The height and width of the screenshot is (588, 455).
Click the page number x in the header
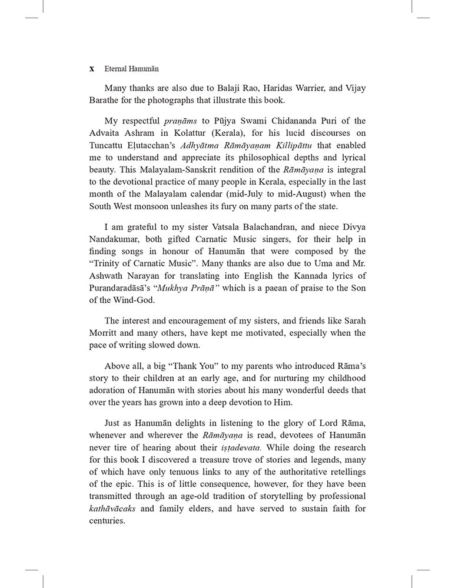pos(92,68)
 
